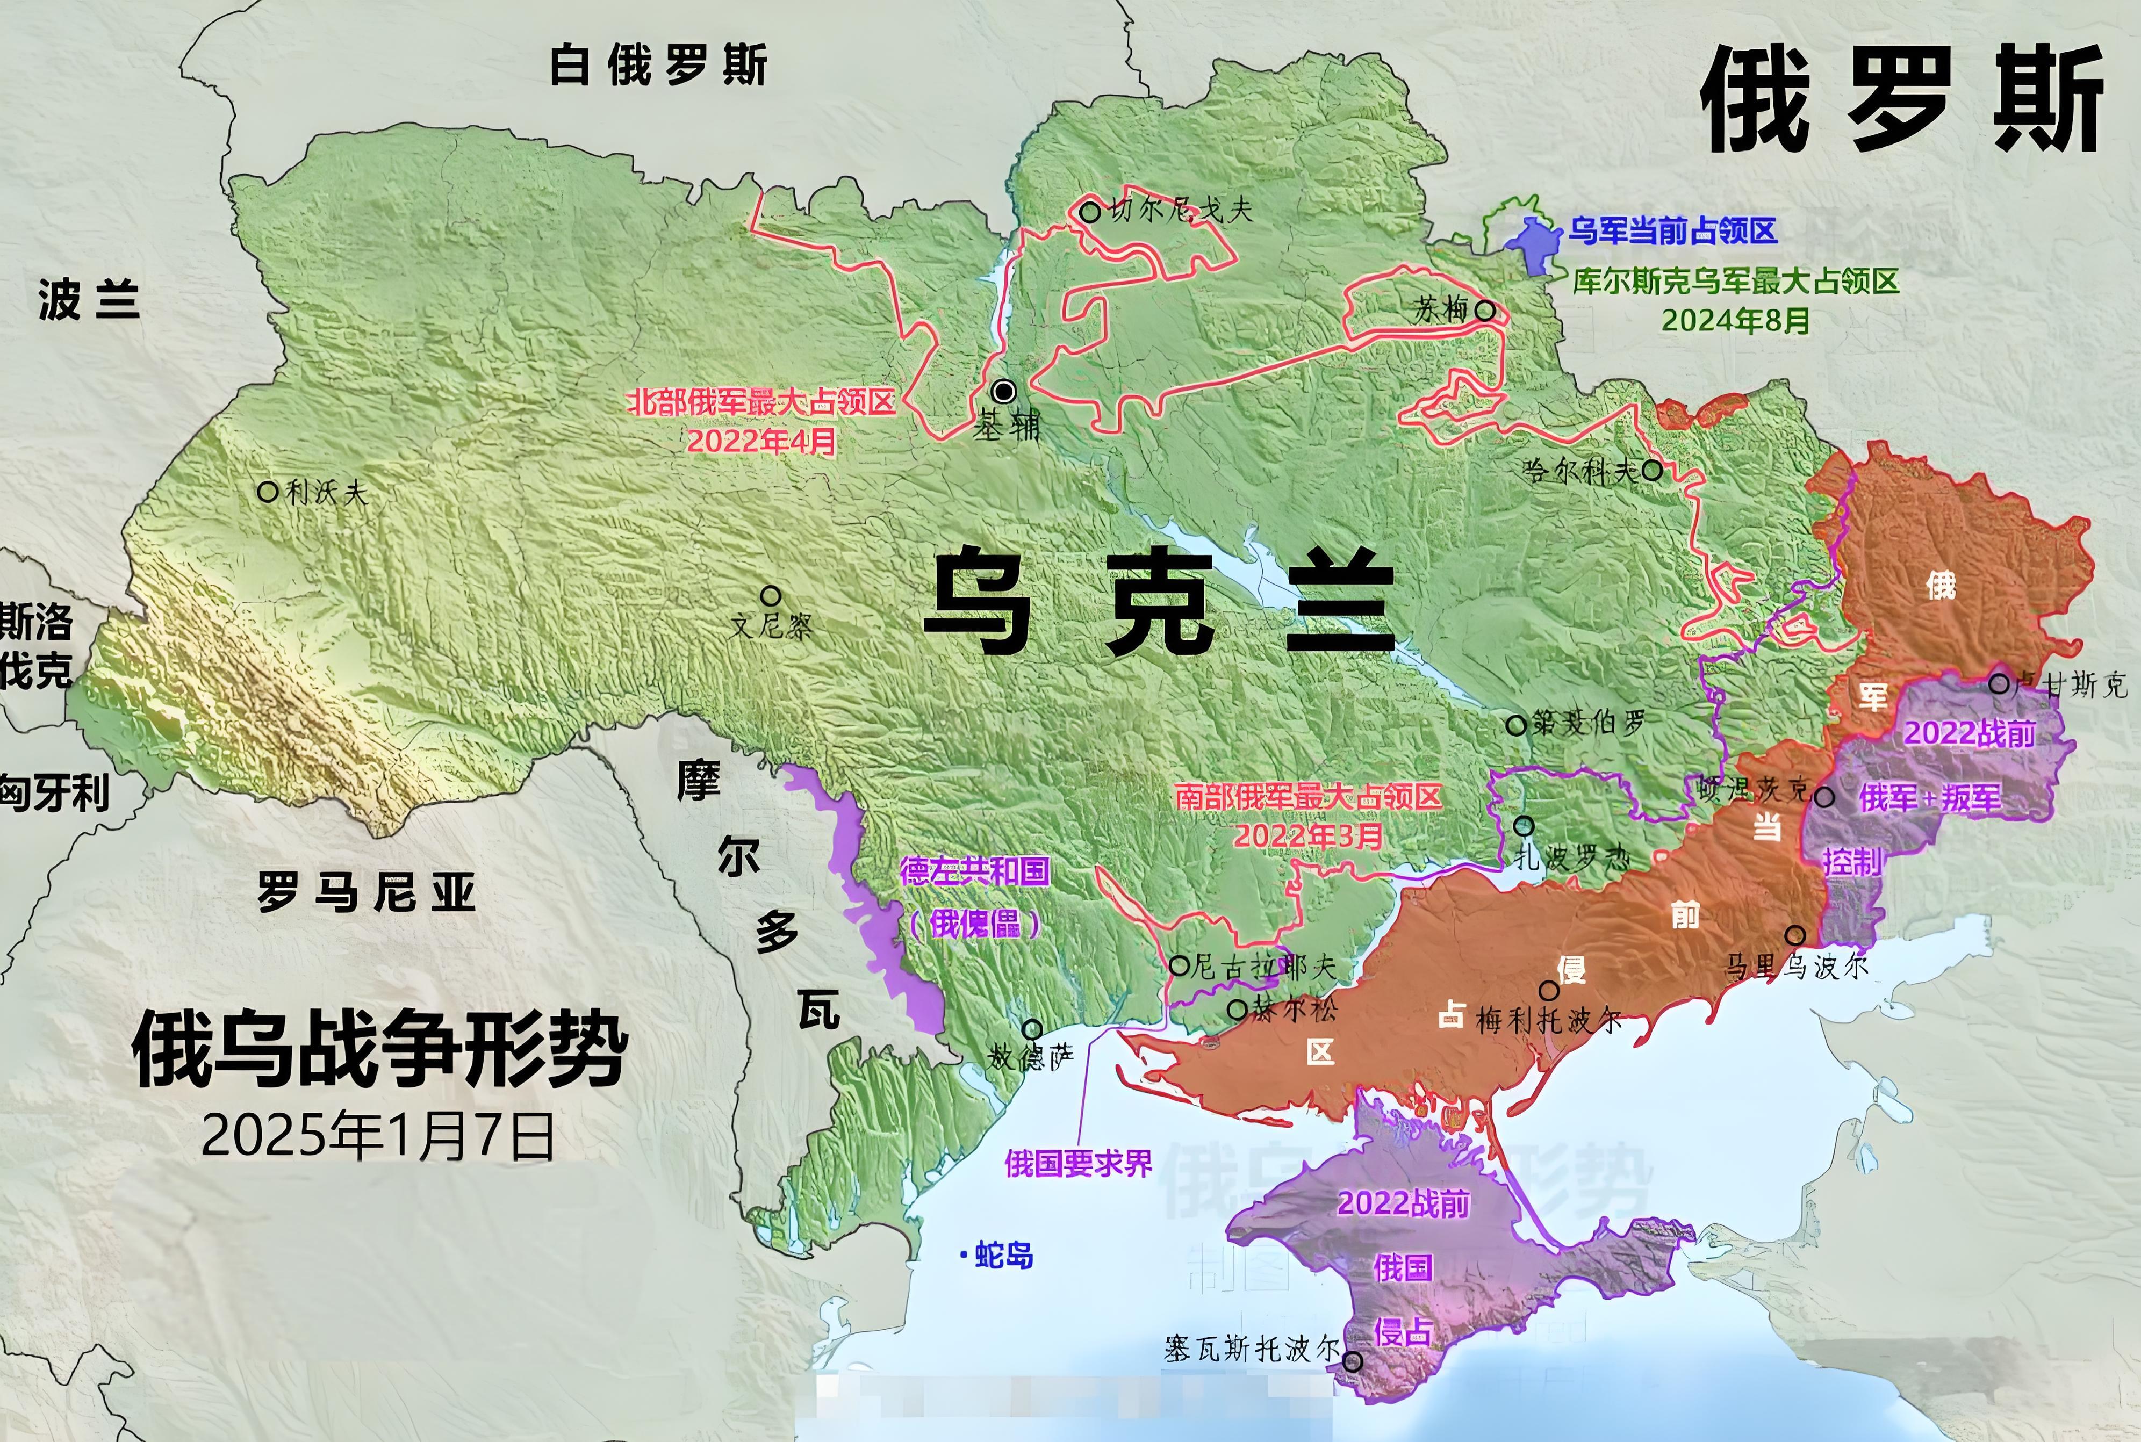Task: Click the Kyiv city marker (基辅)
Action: click(x=1004, y=392)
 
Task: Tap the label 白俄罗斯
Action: click(x=658, y=66)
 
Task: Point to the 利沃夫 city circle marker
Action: click(x=268, y=492)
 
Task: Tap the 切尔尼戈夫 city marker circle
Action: click(x=1090, y=212)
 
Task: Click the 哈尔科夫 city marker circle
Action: click(x=1652, y=471)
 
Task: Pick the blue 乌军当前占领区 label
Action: click(x=1672, y=231)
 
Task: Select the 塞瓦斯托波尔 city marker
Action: click(x=1353, y=1362)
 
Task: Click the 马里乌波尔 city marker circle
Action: click(x=1794, y=935)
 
